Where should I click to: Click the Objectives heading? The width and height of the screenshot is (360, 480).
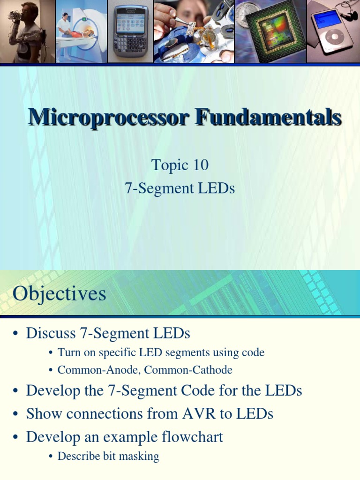pyautogui.click(x=60, y=294)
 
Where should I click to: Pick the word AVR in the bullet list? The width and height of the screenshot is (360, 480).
pyautogui.click(x=196, y=413)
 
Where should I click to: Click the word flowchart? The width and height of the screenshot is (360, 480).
pyautogui.click(x=192, y=437)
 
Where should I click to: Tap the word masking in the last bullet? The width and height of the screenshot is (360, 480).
pyautogui.click(x=140, y=456)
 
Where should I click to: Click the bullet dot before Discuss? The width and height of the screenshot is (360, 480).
pyautogui.click(x=16, y=334)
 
